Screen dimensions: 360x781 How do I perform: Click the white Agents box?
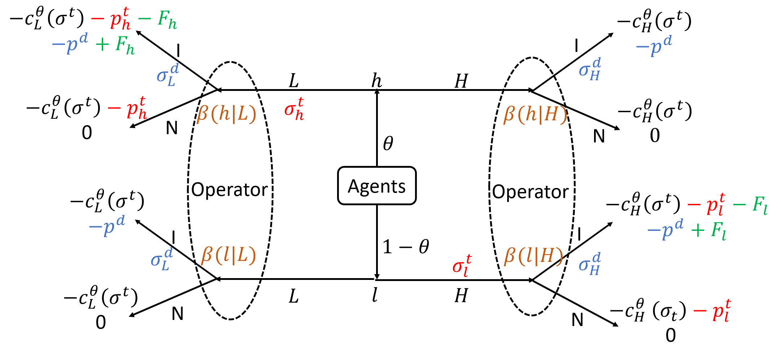pyautogui.click(x=377, y=185)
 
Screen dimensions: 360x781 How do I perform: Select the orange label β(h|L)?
pyautogui.click(x=226, y=114)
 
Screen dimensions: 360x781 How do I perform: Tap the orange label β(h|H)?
pyautogui.click(x=535, y=114)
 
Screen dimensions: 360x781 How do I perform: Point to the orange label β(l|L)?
pyautogui.click(x=228, y=255)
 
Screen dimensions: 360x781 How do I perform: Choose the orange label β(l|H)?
pyautogui.click(x=533, y=256)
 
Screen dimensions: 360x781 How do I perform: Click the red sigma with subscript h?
pyautogui.click(x=294, y=109)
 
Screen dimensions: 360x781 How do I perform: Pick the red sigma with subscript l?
pyautogui.click(x=462, y=265)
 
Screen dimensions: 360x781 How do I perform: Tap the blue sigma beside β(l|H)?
pyautogui.click(x=590, y=264)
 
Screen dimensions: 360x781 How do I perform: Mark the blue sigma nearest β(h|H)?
pyautogui.click(x=590, y=69)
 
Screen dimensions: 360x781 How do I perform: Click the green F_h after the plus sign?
pyautogui.click(x=125, y=45)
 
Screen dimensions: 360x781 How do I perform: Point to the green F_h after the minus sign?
pyautogui.click(x=167, y=19)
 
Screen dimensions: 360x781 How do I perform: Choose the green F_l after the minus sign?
pyautogui.click(x=760, y=205)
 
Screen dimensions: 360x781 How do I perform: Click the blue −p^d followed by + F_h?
pyautogui.click(x=70, y=44)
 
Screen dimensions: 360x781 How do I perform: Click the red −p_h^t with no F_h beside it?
pyautogui.click(x=128, y=108)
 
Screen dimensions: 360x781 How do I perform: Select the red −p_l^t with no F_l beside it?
pyautogui.click(x=712, y=311)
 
